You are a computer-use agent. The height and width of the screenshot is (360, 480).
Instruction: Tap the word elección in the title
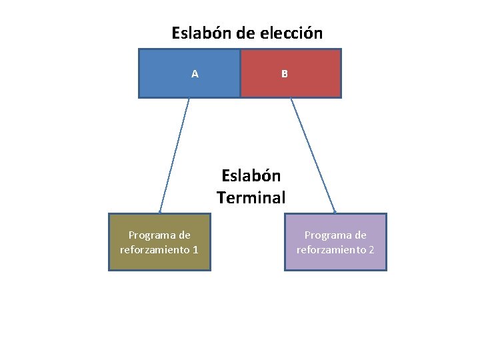tap(294, 33)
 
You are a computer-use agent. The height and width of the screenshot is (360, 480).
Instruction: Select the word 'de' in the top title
tap(245, 33)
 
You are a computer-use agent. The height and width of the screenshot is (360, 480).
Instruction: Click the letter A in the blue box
tap(195, 74)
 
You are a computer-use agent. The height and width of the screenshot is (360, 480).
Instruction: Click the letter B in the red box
tap(285, 74)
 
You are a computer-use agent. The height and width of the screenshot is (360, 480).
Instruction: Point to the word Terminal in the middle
tap(251, 197)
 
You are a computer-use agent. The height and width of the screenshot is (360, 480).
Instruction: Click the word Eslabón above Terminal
tap(251, 176)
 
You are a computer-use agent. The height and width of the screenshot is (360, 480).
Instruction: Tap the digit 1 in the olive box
tap(195, 250)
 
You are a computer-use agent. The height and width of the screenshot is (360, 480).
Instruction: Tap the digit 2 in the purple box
tap(371, 250)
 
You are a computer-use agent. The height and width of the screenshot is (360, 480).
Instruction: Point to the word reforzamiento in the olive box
tap(155, 250)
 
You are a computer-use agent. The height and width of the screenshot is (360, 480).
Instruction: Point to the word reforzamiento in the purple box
tap(331, 250)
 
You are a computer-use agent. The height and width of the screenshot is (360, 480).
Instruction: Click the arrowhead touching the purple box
tap(335, 211)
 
